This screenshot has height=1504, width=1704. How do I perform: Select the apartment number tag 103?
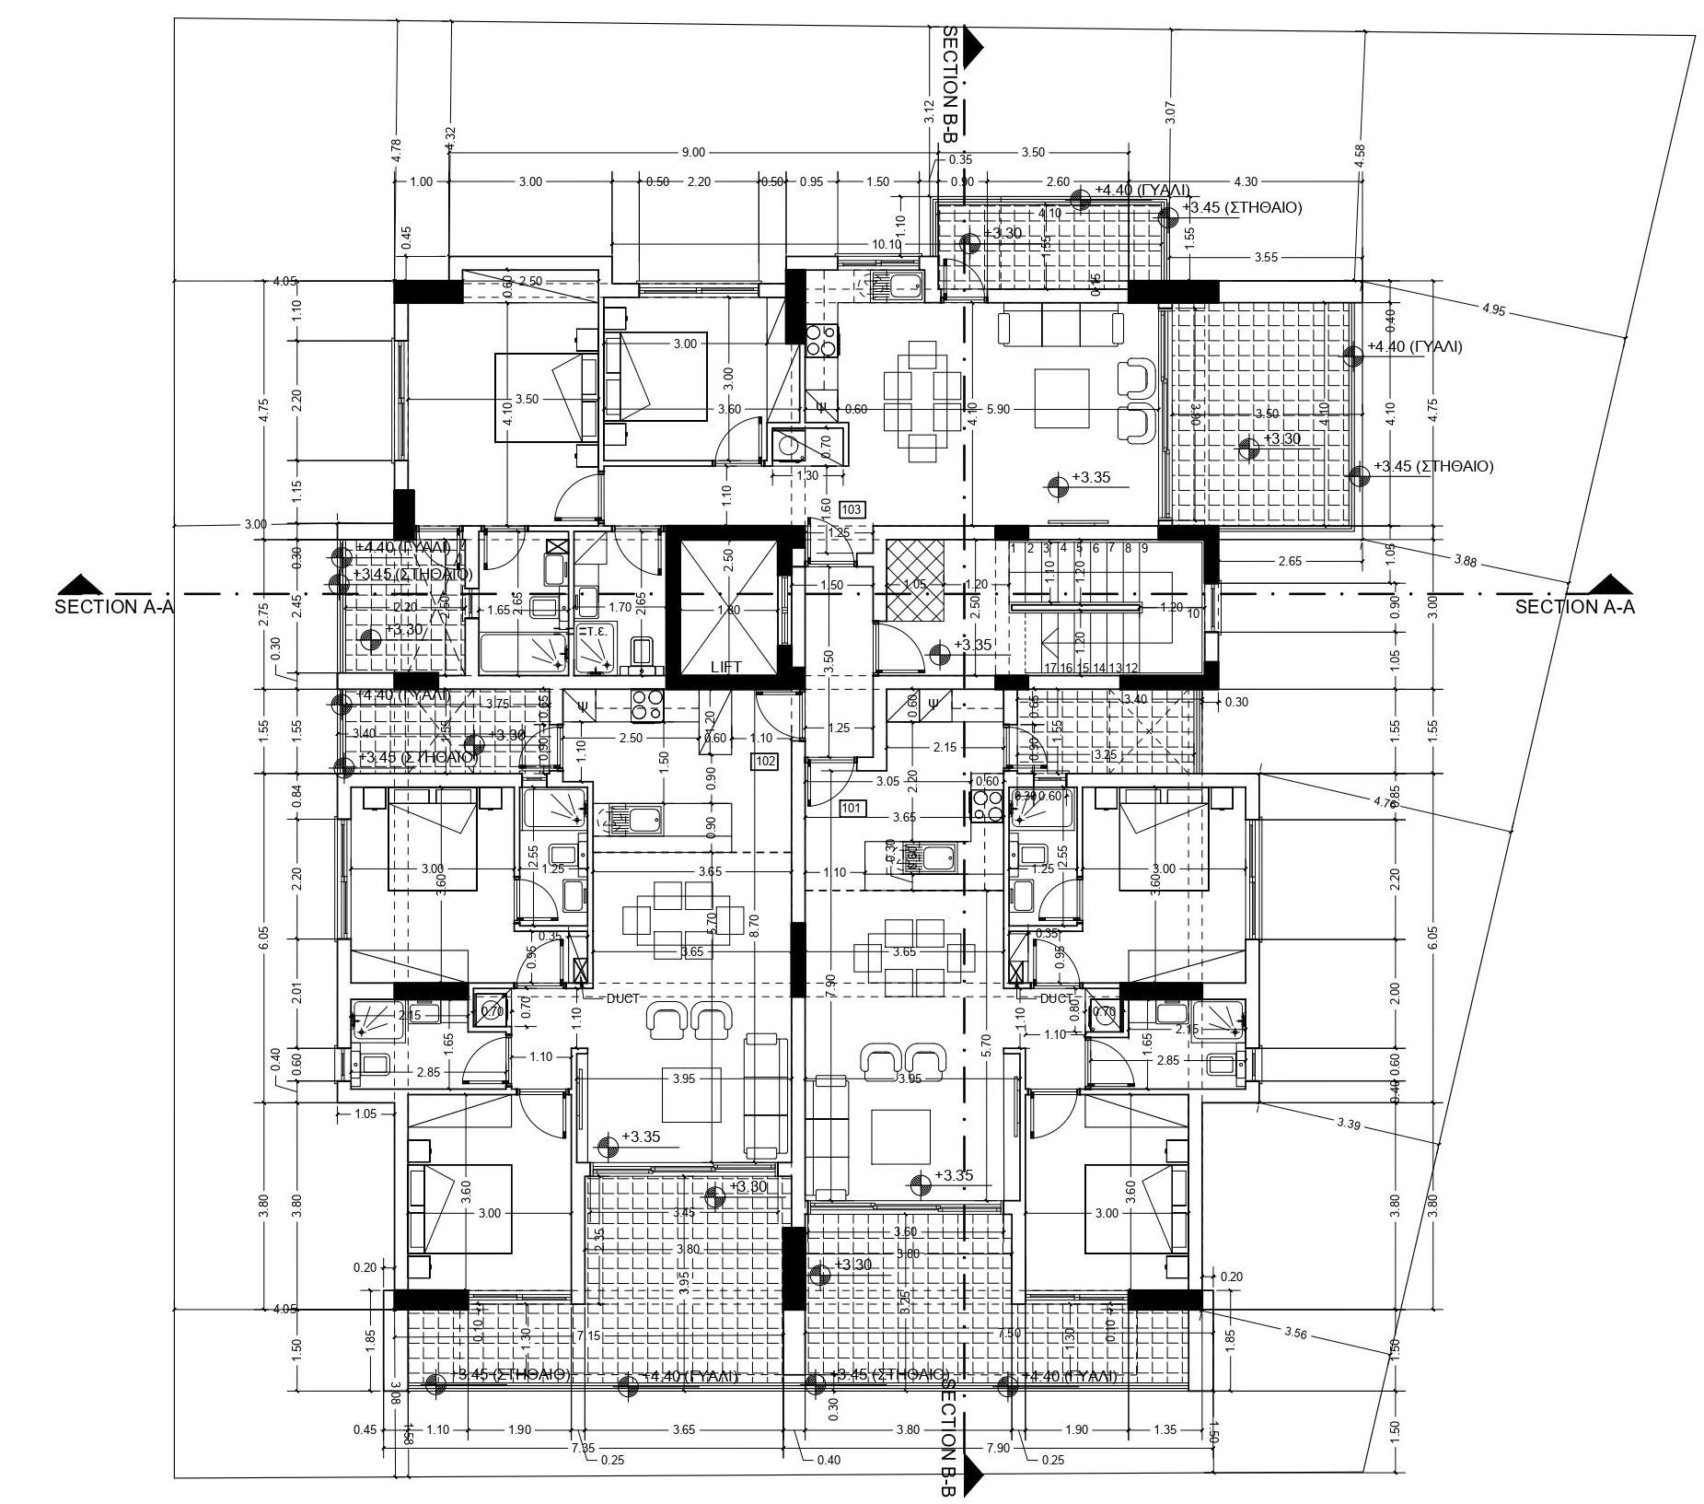pyautogui.click(x=852, y=509)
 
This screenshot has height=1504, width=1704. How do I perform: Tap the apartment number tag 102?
pyautogui.click(x=765, y=761)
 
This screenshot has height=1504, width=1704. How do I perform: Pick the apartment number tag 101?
pyautogui.click(x=852, y=809)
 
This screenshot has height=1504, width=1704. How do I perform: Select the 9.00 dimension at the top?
pyautogui.click(x=693, y=152)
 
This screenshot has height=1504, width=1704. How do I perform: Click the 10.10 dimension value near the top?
pyautogui.click(x=887, y=244)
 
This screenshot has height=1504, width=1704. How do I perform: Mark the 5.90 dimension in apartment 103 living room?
pyautogui.click(x=998, y=409)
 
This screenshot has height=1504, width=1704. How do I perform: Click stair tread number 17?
pyautogui.click(x=1050, y=668)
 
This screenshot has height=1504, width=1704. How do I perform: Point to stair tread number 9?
pyautogui.click(x=1144, y=548)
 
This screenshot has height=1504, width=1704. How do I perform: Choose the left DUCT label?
pyautogui.click(x=622, y=998)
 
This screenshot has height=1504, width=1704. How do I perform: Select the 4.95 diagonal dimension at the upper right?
pyautogui.click(x=1493, y=310)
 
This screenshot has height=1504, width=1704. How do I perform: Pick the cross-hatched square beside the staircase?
pyautogui.click(x=915, y=580)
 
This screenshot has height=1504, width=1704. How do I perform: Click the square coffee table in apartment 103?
pyautogui.click(x=1061, y=399)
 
